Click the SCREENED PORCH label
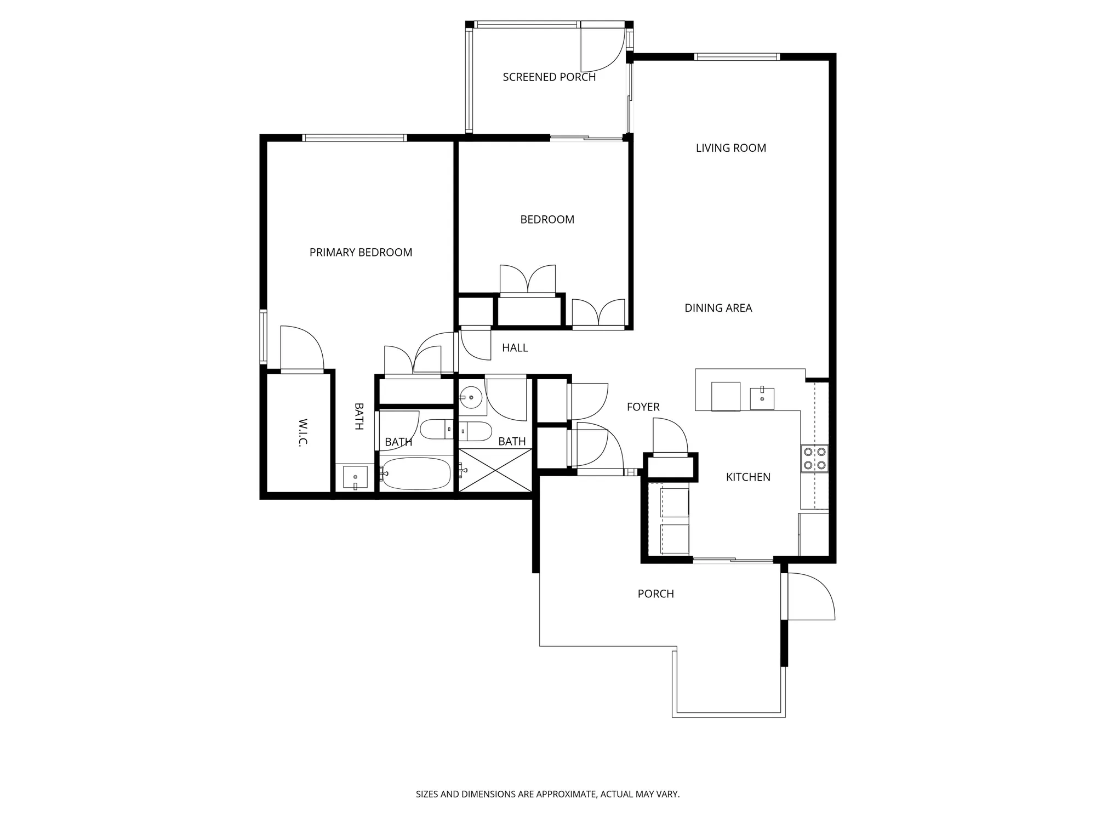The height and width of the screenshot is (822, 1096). tap(549, 77)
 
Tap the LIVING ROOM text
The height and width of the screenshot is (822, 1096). tap(730, 148)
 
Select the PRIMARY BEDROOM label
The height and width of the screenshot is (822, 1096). tap(361, 253)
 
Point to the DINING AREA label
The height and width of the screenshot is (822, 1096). tap(718, 308)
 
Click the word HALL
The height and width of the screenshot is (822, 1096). tap(515, 348)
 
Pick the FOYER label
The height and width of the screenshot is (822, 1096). tap(643, 407)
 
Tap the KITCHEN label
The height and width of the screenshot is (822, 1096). tap(747, 477)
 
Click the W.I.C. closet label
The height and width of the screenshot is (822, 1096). tap(302, 433)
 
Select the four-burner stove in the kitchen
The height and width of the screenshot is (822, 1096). tap(814, 459)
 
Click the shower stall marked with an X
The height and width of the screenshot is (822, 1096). tap(495, 470)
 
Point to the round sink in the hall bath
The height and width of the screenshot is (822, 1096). tap(471, 397)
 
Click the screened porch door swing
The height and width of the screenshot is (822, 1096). tap(603, 49)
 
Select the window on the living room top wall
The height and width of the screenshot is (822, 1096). tap(737, 57)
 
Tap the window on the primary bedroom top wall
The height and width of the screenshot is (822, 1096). tap(355, 138)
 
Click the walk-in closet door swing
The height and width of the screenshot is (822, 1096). tap(301, 348)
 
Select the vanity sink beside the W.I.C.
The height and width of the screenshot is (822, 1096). tap(355, 477)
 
